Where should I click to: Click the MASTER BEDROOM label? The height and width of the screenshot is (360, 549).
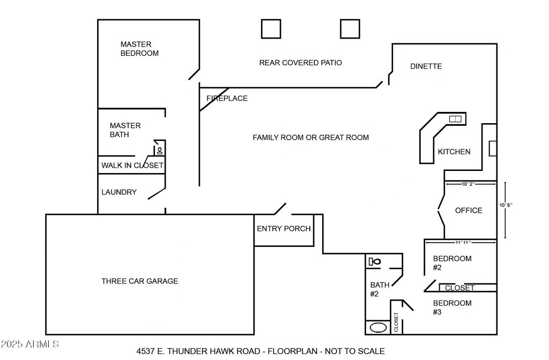coord(139,49)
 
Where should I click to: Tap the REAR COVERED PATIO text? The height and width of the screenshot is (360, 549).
coord(300,63)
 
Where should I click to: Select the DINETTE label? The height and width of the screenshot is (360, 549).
coord(426,66)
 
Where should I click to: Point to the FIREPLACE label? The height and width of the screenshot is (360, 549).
coord(227,99)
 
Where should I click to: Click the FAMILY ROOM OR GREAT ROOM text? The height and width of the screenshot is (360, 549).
coord(310,138)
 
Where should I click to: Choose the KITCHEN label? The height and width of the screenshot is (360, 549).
coord(454,152)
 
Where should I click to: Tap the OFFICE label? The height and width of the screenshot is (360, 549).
coord(469,211)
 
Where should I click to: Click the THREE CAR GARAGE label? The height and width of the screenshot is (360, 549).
coord(139,281)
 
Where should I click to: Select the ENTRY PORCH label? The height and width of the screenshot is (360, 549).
coord(284,229)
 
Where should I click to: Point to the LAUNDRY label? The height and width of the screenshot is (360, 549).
coord(119,192)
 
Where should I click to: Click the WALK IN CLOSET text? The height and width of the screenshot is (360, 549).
coord(132,166)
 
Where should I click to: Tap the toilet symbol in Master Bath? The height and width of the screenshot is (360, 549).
coord(160,151)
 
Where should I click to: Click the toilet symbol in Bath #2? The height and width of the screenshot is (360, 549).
coord(375,261)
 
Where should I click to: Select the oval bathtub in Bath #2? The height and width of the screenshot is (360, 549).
coord(379,327)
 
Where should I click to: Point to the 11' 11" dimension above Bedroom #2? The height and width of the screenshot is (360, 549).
coord(459,243)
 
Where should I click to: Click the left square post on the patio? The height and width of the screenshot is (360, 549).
coord(271,28)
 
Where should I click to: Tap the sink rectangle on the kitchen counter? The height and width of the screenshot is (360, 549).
coord(455,118)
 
